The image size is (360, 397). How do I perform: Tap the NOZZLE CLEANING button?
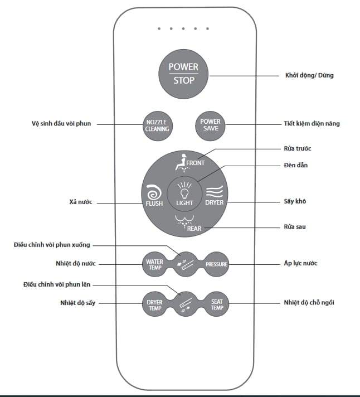pos(157,124)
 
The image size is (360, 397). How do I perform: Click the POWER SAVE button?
pos(210,124)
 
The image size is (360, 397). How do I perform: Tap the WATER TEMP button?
pos(154,263)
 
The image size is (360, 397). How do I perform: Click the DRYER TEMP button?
pos(154,304)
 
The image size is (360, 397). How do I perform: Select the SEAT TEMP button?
pos(217,304)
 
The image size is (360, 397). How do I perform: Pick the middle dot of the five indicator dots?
pos(183,28)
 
